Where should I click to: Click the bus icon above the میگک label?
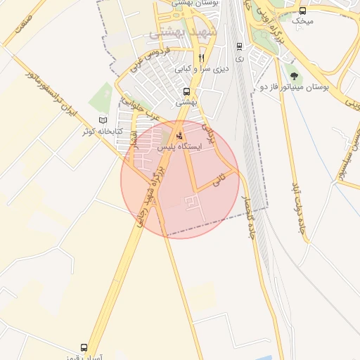303,11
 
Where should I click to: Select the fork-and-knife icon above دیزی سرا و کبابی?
202,58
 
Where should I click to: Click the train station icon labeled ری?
240,47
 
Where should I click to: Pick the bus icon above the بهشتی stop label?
186,91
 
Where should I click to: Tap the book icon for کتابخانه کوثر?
103,120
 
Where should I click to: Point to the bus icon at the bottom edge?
84,348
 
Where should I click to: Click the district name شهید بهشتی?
179,33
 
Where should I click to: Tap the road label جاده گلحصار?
247,214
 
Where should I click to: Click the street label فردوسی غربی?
155,60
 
